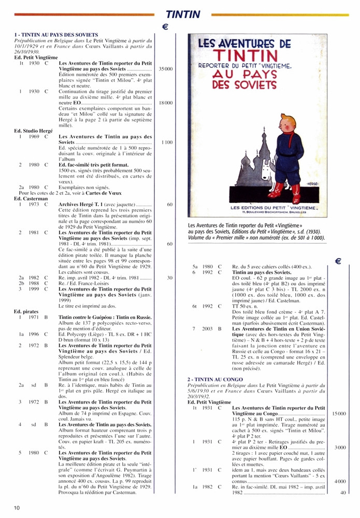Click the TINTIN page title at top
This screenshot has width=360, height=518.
182,15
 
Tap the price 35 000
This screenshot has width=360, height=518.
166,68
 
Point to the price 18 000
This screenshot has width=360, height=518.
166,103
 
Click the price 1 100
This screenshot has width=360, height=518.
167,142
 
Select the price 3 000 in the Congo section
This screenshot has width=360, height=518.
340,447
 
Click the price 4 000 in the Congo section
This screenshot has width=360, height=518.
340,481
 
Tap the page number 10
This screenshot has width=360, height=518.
17,508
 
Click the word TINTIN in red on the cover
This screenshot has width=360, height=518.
256,55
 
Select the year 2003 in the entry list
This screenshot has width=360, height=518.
207,328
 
